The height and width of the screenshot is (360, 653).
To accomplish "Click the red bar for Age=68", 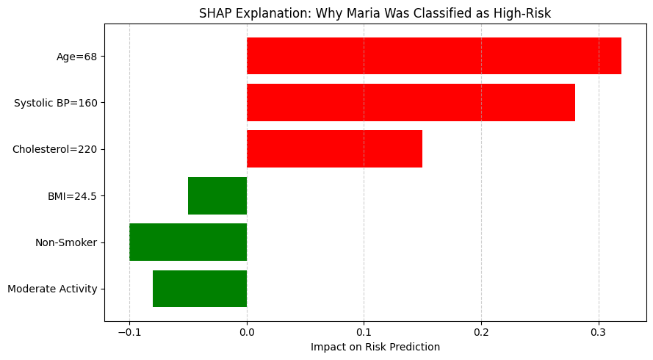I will [x=433, y=56].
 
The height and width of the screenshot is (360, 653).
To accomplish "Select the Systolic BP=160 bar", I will [x=411, y=102].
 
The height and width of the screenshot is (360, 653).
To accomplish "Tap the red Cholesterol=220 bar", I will [x=334, y=148].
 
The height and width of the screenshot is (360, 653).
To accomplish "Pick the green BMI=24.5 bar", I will [x=217, y=195].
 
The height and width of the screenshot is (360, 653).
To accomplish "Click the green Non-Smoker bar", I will [x=188, y=242].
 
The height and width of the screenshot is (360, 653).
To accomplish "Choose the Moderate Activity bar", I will [x=200, y=289].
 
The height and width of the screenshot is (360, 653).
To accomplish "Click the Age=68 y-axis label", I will [x=77, y=57].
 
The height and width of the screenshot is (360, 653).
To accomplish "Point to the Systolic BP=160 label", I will [x=56, y=103].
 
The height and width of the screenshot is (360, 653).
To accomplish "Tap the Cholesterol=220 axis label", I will [x=55, y=149].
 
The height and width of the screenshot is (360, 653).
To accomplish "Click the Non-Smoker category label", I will [x=66, y=242].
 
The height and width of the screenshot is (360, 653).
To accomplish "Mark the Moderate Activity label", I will [x=52, y=289].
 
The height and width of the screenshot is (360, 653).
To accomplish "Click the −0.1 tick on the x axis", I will [x=129, y=332].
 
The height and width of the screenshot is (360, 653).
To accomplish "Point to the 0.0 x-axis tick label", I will [x=247, y=332].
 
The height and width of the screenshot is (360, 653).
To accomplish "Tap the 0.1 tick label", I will [x=364, y=332].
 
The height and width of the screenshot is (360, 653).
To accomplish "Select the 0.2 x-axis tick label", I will [x=481, y=332].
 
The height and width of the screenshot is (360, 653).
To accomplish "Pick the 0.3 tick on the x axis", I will [x=599, y=332].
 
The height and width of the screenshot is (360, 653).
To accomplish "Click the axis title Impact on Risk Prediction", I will [x=375, y=347].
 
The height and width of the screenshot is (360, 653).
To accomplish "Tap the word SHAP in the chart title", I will [x=214, y=12].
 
